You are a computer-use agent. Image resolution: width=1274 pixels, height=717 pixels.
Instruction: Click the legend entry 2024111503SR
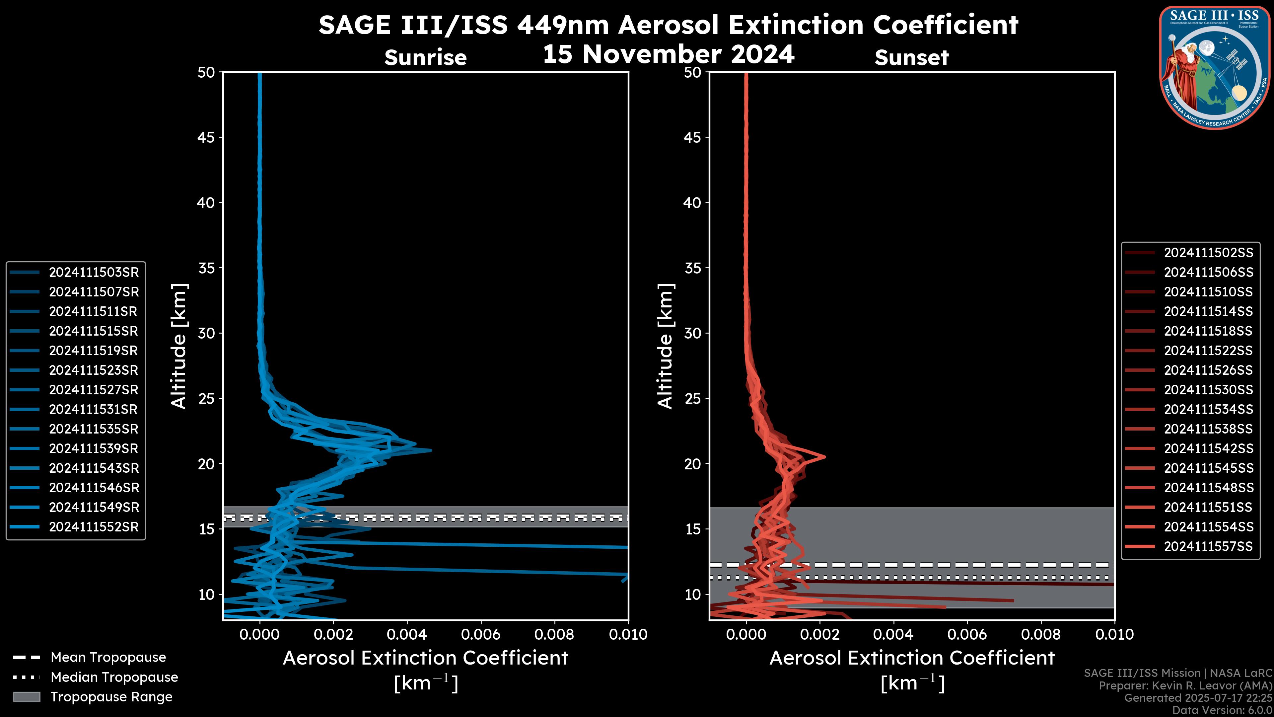tap(94, 272)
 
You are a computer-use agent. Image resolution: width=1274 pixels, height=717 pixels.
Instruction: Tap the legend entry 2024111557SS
tap(1208, 546)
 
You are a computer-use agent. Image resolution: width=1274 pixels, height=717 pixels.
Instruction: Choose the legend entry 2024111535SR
tap(94, 429)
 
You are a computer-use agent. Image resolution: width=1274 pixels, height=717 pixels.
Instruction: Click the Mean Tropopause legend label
tap(108, 657)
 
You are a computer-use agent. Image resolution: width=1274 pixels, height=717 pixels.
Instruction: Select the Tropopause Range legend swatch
tap(27, 697)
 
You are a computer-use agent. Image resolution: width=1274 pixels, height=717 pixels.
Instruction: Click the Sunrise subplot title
tap(425, 57)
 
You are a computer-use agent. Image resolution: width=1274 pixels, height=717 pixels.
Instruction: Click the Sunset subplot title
tap(911, 57)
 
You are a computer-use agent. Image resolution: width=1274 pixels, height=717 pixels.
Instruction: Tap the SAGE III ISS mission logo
tap(1215, 67)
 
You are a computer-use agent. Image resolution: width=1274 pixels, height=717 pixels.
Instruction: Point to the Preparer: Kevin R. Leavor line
tap(1185, 685)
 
